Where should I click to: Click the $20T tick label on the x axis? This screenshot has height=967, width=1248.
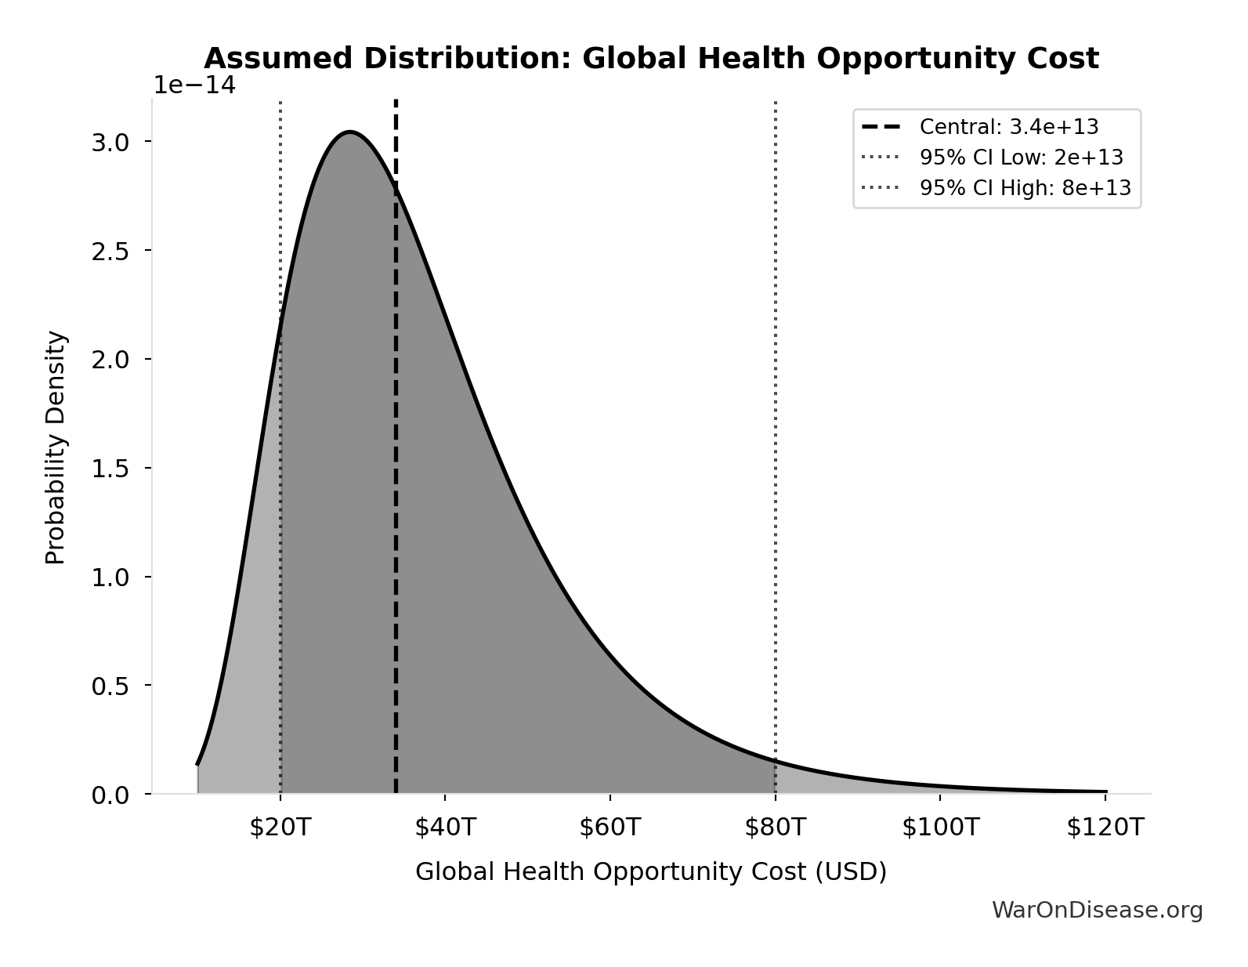click(280, 828)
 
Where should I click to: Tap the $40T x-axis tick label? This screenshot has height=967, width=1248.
click(445, 828)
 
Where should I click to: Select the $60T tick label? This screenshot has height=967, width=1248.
click(610, 828)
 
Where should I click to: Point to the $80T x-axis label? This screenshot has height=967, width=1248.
click(775, 828)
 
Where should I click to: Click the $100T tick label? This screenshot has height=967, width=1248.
click(940, 828)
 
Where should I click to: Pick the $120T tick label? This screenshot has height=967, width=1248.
click(1105, 828)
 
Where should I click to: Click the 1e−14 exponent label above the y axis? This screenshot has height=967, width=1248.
click(194, 85)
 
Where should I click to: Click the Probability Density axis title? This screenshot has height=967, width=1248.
click(56, 447)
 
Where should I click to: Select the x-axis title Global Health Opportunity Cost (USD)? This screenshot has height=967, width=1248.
click(650, 871)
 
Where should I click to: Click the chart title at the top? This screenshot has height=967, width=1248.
click(650, 59)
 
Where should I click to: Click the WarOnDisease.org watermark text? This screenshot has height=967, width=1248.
click(1097, 910)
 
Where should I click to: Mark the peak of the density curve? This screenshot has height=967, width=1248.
click(349, 132)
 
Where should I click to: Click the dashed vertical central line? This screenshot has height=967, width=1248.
click(396, 470)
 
